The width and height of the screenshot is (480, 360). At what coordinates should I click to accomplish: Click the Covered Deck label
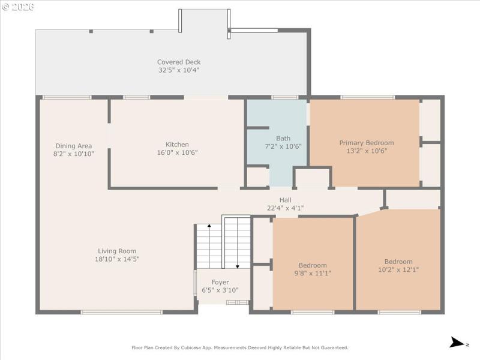179,62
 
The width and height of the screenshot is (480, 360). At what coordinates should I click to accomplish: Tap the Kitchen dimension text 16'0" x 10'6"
177,152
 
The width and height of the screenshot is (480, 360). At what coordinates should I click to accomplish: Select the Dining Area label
73,146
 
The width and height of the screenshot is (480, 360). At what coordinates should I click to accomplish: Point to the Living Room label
117,251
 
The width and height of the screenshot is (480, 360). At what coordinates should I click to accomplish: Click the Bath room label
283,139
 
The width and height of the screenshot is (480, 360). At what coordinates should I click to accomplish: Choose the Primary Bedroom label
366,143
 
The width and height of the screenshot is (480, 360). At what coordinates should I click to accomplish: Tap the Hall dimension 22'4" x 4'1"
285,208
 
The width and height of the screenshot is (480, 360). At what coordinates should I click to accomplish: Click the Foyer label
220,282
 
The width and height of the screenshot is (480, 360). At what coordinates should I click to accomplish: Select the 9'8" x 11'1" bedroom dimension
313,273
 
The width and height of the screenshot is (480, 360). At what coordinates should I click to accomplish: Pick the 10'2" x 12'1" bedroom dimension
398,269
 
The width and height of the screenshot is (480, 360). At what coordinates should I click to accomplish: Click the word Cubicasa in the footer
200,347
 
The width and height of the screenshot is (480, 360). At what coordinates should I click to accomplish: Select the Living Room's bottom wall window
122,312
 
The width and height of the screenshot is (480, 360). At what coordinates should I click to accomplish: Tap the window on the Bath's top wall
284,97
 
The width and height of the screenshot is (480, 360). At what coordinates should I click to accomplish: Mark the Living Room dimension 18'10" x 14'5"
117,259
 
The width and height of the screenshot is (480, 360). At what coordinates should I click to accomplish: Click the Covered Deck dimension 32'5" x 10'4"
179,70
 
